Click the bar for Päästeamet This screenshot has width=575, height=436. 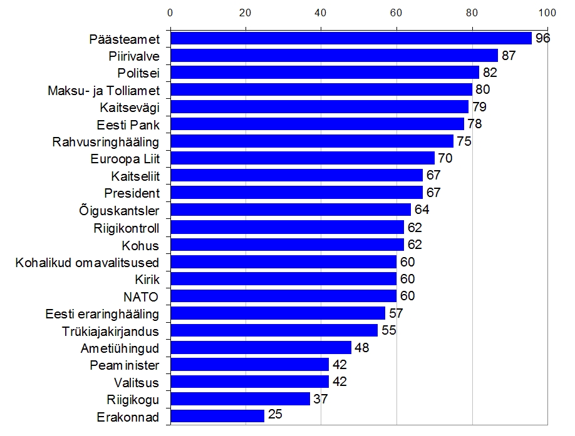click(351, 39)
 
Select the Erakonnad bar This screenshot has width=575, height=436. click(217, 416)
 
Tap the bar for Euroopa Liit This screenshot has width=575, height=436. click(302, 158)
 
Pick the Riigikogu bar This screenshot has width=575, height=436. click(240, 399)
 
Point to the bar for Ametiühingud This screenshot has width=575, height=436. click(261, 348)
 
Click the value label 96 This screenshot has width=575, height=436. click(542, 39)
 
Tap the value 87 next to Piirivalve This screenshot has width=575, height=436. click(508, 56)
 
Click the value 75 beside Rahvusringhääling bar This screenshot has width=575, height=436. click(464, 141)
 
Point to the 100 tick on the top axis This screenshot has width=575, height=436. click(547, 13)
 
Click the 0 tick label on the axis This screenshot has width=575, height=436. click(170, 13)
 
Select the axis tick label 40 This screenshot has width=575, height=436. click(321, 13)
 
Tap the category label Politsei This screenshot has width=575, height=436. click(138, 73)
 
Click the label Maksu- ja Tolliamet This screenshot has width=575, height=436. click(103, 91)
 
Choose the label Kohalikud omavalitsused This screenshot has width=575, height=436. click(87, 262)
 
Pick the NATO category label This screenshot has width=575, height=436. click(141, 297)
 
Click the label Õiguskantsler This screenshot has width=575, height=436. click(121, 210)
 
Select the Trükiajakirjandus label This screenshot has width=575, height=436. click(111, 331)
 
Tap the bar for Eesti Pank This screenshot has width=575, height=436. click(317, 124)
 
